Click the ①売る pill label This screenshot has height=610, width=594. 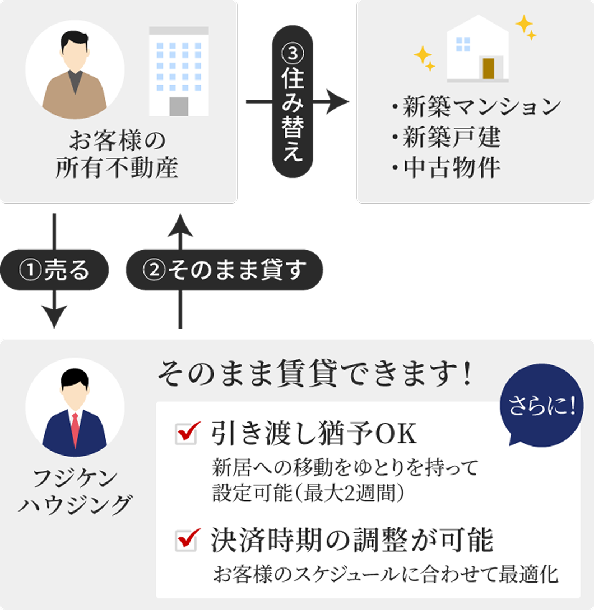[x=54, y=270]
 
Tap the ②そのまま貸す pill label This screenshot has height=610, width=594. [x=224, y=270]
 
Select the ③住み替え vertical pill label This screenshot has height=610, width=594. [x=293, y=101]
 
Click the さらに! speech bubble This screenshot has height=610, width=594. [x=542, y=405]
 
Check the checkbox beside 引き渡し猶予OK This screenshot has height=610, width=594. [x=186, y=433]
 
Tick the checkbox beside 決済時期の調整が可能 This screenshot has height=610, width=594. [x=186, y=541]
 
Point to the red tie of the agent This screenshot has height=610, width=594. [x=75, y=429]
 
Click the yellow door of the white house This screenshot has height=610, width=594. [x=489, y=68]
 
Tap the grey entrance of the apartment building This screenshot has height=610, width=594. [x=179, y=106]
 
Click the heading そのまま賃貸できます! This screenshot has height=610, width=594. [x=315, y=374]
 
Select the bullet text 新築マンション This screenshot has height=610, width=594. [x=482, y=106]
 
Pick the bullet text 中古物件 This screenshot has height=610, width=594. [x=452, y=168]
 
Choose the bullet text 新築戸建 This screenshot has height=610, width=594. [x=452, y=137]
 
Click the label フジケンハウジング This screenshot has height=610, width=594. [x=75, y=491]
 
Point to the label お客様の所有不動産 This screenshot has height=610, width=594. [x=117, y=154]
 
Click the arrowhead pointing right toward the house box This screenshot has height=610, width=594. [x=338, y=102]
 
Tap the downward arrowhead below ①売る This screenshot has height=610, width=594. [x=54, y=317]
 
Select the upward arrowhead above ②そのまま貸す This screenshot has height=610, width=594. [x=180, y=225]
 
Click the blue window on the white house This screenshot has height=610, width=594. [x=463, y=44]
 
